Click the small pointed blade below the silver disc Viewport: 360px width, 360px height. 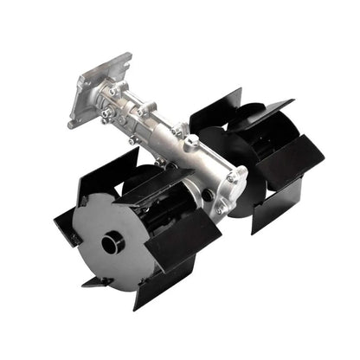pos(96,281)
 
